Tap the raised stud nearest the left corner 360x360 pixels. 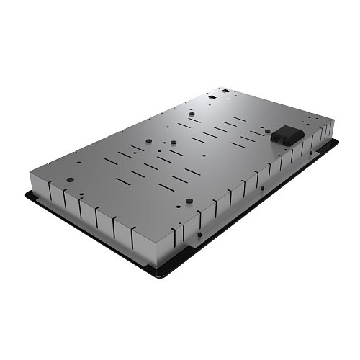coord(71,180)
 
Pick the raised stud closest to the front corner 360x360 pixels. coord(185,203)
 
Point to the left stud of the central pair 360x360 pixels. coord(148,141)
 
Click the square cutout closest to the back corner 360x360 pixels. coord(225,91)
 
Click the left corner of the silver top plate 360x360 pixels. coord(30,174)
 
